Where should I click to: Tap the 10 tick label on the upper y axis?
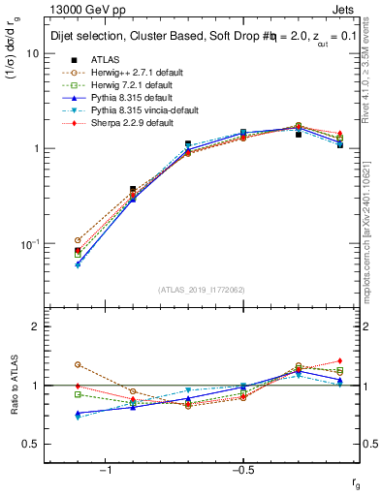click(32, 54)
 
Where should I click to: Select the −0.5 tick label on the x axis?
click(240, 470)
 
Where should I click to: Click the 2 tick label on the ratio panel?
click(35, 326)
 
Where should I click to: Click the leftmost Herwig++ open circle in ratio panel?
click(78, 364)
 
